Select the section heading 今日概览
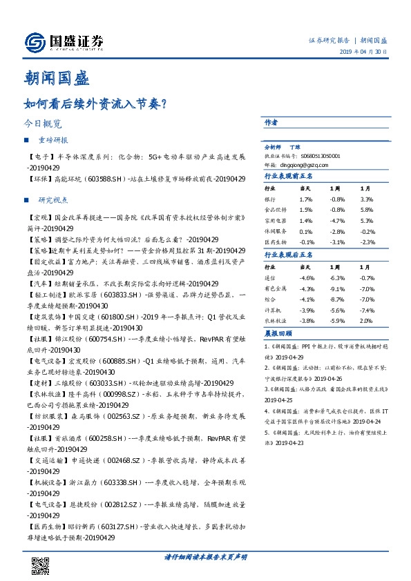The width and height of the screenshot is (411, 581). (x=42, y=125)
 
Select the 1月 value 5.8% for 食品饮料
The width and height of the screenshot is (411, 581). (x=367, y=208)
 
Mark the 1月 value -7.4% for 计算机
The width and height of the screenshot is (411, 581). (x=367, y=310)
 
